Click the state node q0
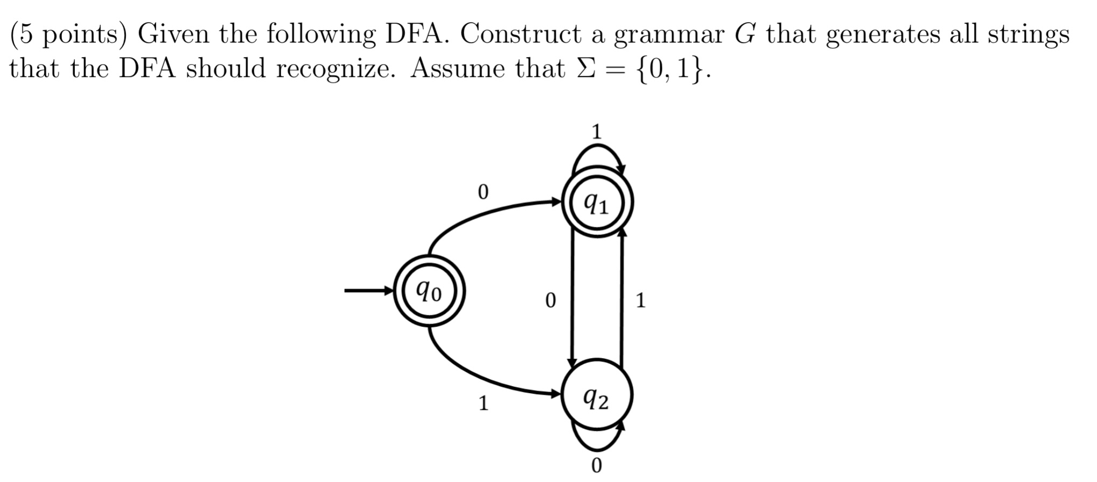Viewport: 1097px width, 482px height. point(429,291)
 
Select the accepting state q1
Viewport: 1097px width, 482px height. point(597,203)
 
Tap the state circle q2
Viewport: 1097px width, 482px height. point(597,396)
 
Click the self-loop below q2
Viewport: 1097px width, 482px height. point(597,448)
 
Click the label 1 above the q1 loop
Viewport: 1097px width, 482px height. point(596,131)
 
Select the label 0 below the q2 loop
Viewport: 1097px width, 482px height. point(596,465)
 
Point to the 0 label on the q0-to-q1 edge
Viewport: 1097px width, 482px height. point(483,192)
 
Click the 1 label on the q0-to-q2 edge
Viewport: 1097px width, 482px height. point(484,403)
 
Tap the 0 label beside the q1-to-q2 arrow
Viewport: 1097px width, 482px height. point(550,300)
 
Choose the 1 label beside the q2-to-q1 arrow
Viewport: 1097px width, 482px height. point(640,300)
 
